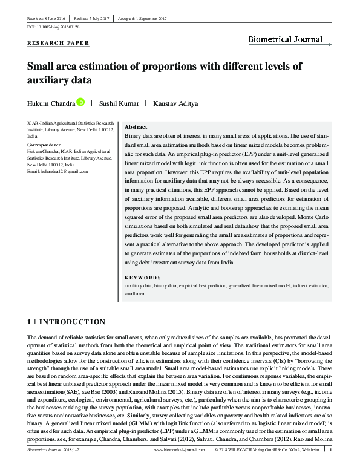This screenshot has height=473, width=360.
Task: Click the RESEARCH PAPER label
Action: (x=59, y=43)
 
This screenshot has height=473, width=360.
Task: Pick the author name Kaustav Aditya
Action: (x=175, y=103)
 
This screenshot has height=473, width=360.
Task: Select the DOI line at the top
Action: (x=53, y=28)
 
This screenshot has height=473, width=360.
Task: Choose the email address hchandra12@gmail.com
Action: (x=58, y=172)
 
